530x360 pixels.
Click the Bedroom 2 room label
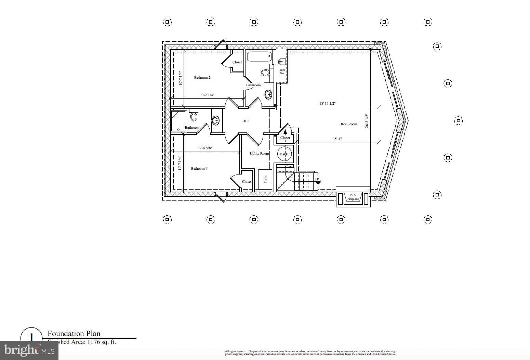tap(202, 78)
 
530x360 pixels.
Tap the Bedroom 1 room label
tap(199, 169)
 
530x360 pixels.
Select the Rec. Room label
tap(349, 124)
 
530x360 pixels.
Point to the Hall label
tap(245, 121)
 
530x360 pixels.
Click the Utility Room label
tap(259, 154)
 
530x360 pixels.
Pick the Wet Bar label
tap(282, 72)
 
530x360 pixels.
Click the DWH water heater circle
tap(284, 154)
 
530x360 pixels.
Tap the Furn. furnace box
tap(265, 179)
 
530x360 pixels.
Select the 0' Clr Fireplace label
tap(353, 197)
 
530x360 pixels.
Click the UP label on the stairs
tap(317, 179)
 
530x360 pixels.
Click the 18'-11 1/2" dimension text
tap(327, 104)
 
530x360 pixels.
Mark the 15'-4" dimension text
tap(337, 139)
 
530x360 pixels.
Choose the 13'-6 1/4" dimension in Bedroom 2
tap(207, 95)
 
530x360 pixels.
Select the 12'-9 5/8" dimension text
tap(205, 148)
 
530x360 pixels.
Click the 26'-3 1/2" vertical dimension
tap(367, 121)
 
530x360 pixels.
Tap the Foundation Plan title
tap(74, 334)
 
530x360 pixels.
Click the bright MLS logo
tap(29, 350)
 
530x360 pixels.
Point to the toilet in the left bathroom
tap(194, 116)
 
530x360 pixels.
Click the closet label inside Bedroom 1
tap(247, 182)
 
